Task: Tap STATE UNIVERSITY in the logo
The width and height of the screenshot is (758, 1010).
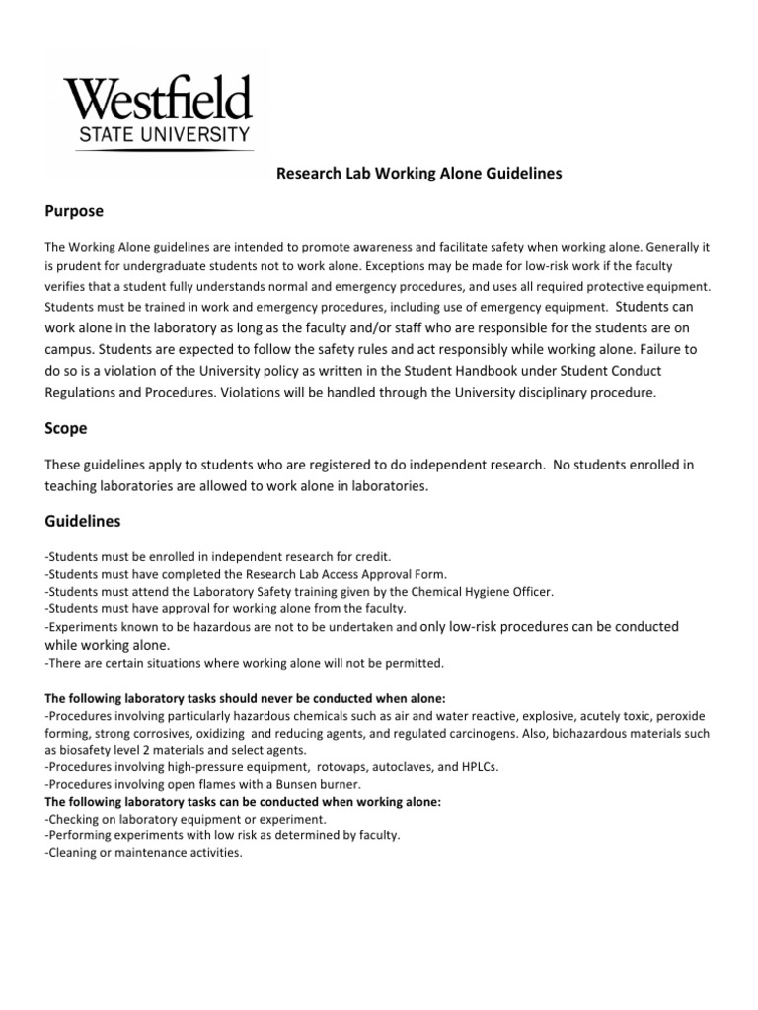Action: coord(157,134)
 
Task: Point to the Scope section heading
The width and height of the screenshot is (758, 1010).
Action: coord(66,429)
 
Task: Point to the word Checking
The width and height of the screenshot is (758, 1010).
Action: coord(76,819)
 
